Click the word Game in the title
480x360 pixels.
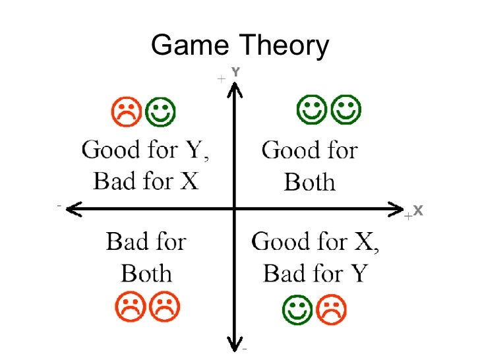(190, 45)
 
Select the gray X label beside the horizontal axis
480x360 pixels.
(418, 211)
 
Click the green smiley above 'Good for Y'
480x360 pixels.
(160, 112)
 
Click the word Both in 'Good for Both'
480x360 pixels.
(309, 181)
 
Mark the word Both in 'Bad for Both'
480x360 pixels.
(147, 272)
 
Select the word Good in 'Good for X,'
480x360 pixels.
(281, 241)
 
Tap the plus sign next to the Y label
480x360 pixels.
(221, 79)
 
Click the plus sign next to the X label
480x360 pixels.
(407, 216)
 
